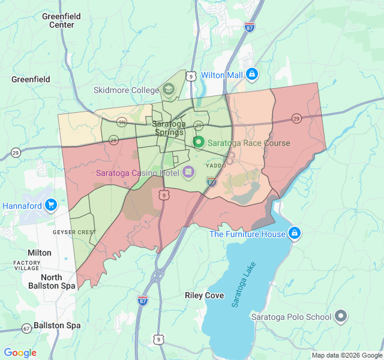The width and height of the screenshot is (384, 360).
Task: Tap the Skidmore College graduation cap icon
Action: [x=169, y=91]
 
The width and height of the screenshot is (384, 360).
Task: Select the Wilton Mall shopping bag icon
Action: [x=252, y=75]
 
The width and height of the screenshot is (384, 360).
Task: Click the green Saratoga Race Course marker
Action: [x=199, y=143]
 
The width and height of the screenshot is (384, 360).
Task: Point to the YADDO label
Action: [x=215, y=164]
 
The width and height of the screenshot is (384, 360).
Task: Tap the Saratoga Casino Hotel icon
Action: [x=188, y=173]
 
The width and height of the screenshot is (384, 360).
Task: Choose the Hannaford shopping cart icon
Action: [x=50, y=205]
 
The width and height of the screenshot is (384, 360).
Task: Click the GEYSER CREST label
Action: [x=74, y=232]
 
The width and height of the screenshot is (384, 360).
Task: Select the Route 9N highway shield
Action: [x=122, y=122]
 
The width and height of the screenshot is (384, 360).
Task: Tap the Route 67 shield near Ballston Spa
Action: [x=26, y=329]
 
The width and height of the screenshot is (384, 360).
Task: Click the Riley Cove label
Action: [x=205, y=296]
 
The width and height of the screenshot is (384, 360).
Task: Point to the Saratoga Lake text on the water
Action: [x=244, y=284]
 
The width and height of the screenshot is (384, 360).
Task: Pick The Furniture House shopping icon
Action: [x=294, y=233]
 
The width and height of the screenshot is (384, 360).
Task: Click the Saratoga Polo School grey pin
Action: [x=341, y=316]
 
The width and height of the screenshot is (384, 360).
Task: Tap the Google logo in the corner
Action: [x=20, y=353]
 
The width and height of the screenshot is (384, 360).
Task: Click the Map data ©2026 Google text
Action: [x=346, y=355]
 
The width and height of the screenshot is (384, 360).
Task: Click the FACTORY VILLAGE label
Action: [x=27, y=266]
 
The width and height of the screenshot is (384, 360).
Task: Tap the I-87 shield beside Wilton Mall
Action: [x=250, y=27]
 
